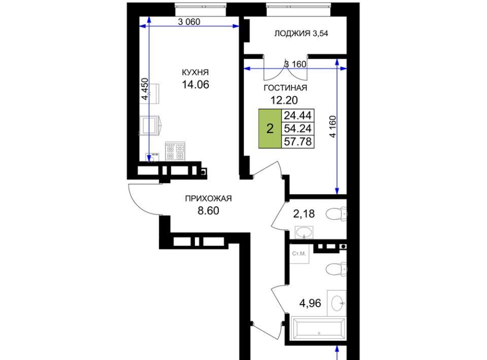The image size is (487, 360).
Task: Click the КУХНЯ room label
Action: coord(195,73)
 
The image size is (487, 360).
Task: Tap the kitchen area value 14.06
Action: coord(195,84)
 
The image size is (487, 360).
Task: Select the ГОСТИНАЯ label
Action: coord(285,88)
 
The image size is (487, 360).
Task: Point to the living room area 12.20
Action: coord(284,100)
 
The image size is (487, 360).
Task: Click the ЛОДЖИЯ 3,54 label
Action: coord(301,33)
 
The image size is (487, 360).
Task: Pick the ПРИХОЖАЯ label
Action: coord(208,198)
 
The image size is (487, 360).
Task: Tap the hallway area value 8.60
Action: coord(208,211)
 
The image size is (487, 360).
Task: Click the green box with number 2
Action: coord(270,128)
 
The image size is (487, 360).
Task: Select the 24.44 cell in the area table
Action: coord(298,116)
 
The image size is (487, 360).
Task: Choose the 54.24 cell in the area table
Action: coord(298,128)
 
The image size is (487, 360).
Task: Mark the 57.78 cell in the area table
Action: coord(298,141)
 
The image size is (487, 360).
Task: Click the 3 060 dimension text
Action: coord(189,22)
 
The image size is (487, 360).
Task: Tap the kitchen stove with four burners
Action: coord(175,151)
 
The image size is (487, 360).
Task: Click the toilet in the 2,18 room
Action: coord(336,214)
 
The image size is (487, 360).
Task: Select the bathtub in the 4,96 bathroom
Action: coord(319,329)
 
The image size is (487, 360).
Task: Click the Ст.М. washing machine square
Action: coord(299,254)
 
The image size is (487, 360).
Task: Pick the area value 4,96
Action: coord(310,303)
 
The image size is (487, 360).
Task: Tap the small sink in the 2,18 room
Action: coord(304,232)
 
